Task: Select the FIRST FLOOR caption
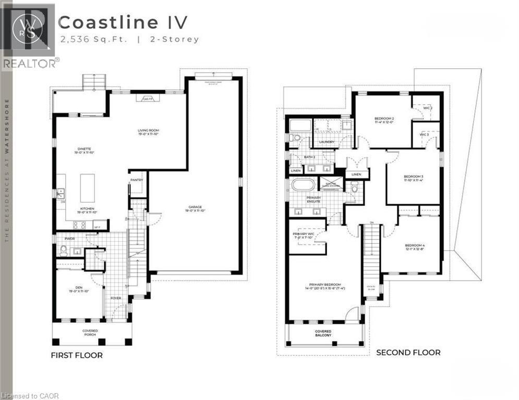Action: click(x=76, y=355)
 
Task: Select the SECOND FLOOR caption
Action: click(x=408, y=353)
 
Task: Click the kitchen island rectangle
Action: click(x=87, y=188)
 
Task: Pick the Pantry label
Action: click(x=137, y=180)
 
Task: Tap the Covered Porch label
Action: click(x=90, y=333)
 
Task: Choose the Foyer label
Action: click(x=115, y=298)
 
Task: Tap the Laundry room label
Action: click(x=327, y=142)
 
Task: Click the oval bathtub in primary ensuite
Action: click(x=301, y=185)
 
